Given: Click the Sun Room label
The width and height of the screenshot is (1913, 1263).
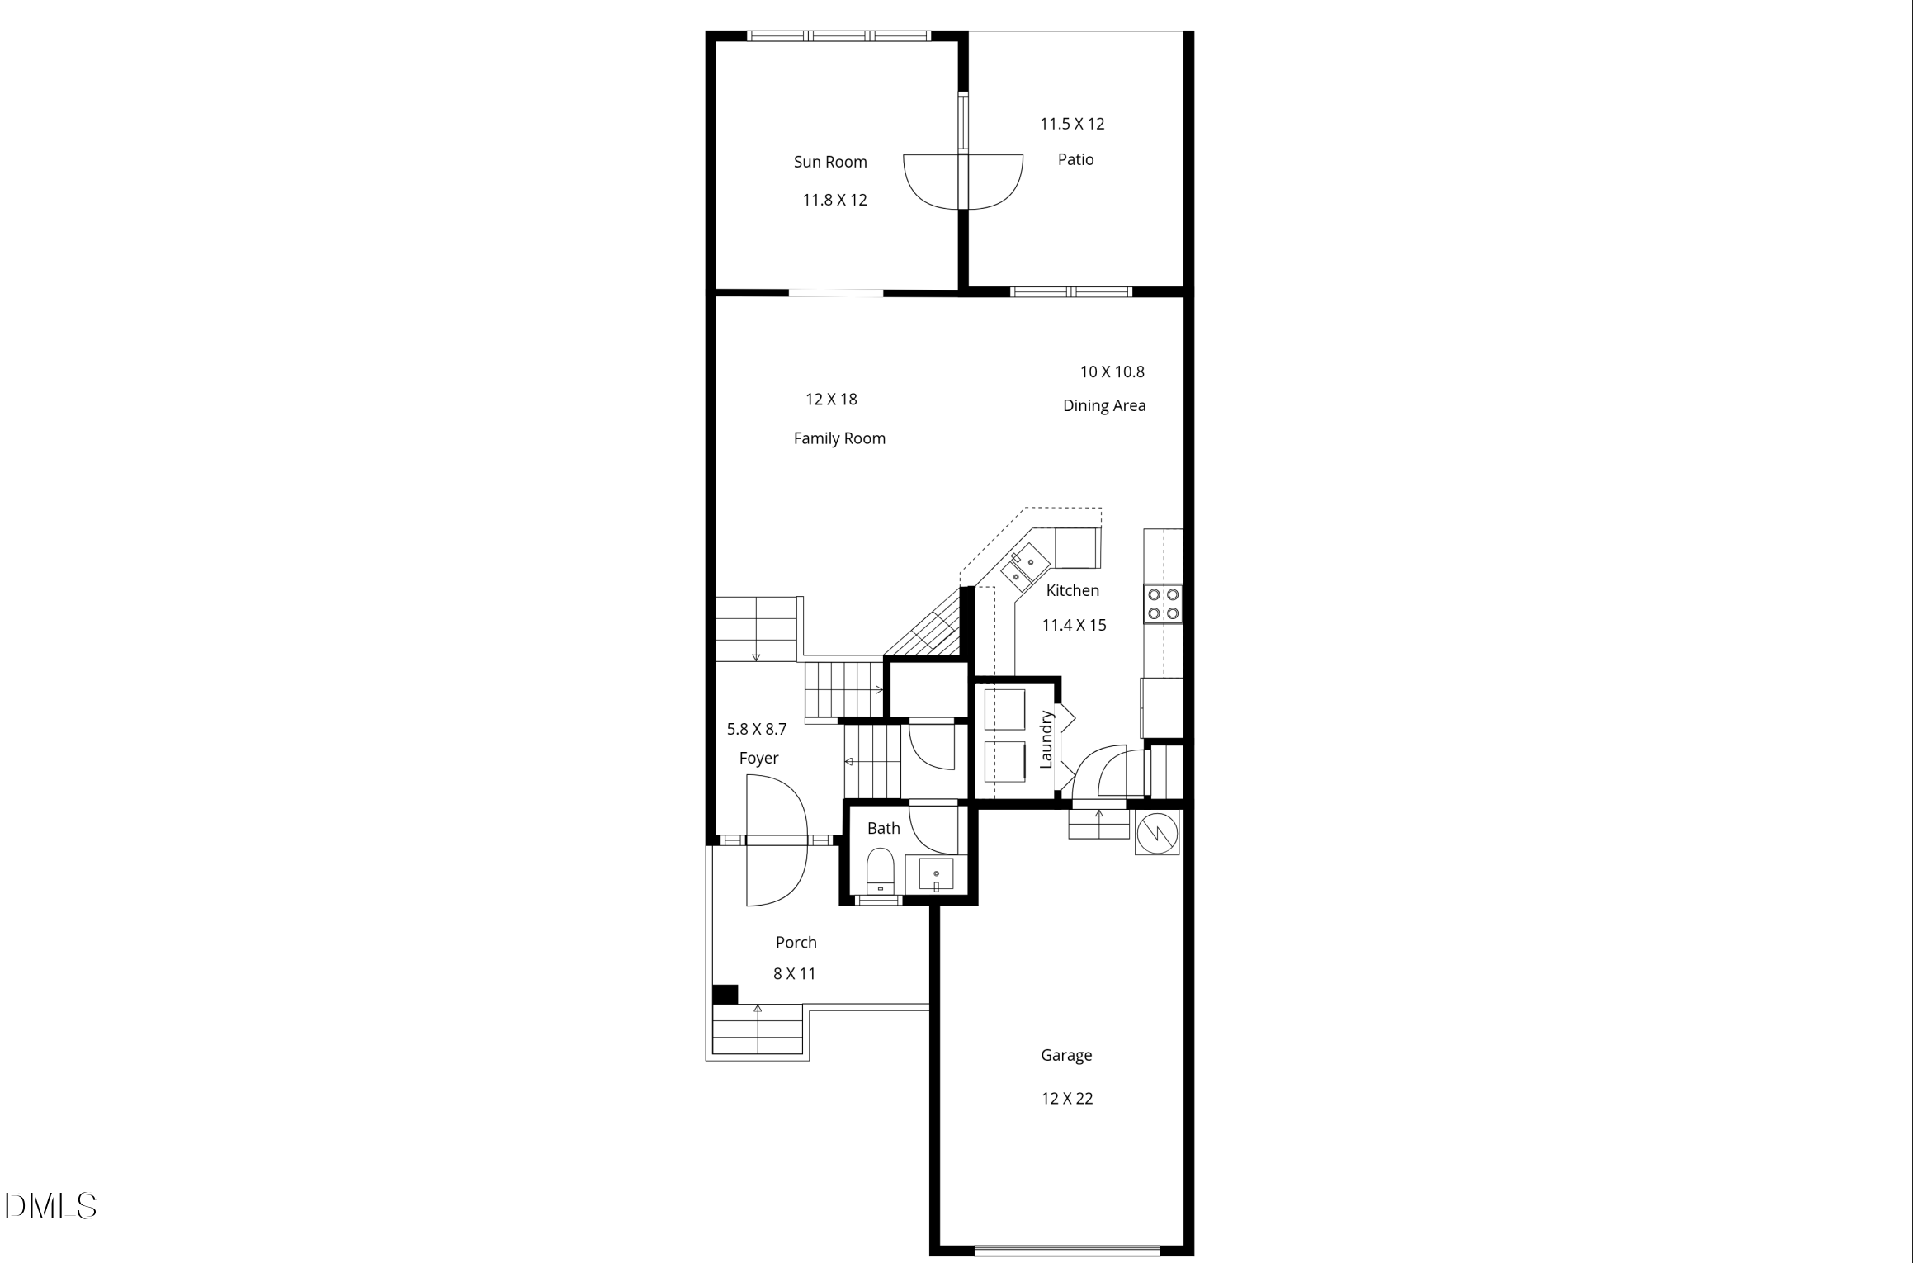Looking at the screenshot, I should click(830, 162).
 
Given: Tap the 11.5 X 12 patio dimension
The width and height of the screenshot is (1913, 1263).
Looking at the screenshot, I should click(1072, 124).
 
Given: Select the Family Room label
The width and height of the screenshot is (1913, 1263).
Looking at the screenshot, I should click(839, 438).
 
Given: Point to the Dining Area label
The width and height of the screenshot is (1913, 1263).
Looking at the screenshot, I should click(1104, 405).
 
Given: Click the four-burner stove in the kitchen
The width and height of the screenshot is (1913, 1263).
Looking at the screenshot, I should click(1163, 603).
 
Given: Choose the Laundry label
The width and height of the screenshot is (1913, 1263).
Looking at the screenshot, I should click(1046, 740).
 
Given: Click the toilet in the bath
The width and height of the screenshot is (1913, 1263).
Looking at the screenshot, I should click(881, 873).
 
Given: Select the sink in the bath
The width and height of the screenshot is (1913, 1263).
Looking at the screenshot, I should click(937, 873).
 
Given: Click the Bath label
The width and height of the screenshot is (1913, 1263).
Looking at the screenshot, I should click(883, 828).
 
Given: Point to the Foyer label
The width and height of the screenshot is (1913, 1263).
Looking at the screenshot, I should click(758, 758).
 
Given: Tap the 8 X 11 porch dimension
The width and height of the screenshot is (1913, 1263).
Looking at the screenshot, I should click(794, 973).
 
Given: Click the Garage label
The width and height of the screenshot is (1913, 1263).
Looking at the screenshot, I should click(1066, 1055).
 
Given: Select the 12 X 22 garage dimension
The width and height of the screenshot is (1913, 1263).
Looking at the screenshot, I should click(1067, 1098).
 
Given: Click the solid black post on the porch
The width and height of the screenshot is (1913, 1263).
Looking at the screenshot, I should click(725, 994).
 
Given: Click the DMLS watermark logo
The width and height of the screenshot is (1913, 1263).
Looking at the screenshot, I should click(50, 1206).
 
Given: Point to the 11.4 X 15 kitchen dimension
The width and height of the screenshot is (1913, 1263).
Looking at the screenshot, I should click(1074, 625).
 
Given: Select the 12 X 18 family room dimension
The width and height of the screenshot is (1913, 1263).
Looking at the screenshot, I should click(831, 400).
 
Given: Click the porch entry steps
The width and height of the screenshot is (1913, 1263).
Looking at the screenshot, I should click(758, 1030).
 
